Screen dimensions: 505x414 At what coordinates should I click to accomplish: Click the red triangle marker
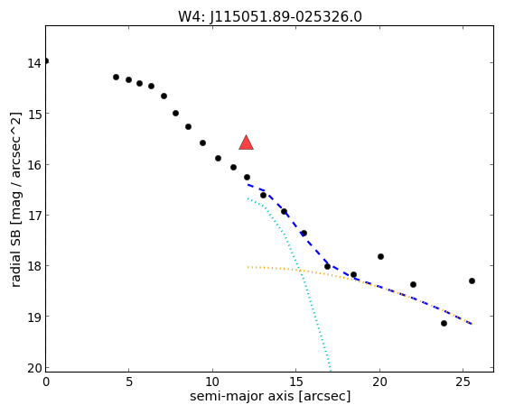click(246, 143)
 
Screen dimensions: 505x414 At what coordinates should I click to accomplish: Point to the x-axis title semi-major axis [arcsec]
click(270, 396)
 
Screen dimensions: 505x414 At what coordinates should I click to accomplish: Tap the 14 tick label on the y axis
click(34, 63)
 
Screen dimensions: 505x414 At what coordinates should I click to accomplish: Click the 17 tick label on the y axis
click(34, 216)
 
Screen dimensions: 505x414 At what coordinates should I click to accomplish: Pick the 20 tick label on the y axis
click(34, 368)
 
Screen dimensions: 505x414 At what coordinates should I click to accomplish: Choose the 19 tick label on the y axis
click(34, 317)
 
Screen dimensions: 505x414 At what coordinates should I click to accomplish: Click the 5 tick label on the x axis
click(129, 382)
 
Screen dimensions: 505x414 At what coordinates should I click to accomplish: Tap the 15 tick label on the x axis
click(296, 382)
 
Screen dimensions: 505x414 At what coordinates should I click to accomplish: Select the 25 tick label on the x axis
click(463, 382)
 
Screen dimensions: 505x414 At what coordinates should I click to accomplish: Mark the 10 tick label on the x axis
click(212, 382)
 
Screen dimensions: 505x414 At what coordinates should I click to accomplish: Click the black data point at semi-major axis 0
click(46, 61)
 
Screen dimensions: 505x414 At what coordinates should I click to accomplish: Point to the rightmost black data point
click(472, 281)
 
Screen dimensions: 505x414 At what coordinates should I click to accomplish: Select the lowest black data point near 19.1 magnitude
click(444, 323)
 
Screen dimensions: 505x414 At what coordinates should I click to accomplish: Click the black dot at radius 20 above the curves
click(380, 256)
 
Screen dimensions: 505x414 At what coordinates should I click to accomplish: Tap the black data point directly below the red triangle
click(247, 178)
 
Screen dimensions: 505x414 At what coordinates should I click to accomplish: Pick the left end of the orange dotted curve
click(248, 267)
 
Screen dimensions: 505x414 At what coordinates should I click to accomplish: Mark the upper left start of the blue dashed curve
click(248, 185)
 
